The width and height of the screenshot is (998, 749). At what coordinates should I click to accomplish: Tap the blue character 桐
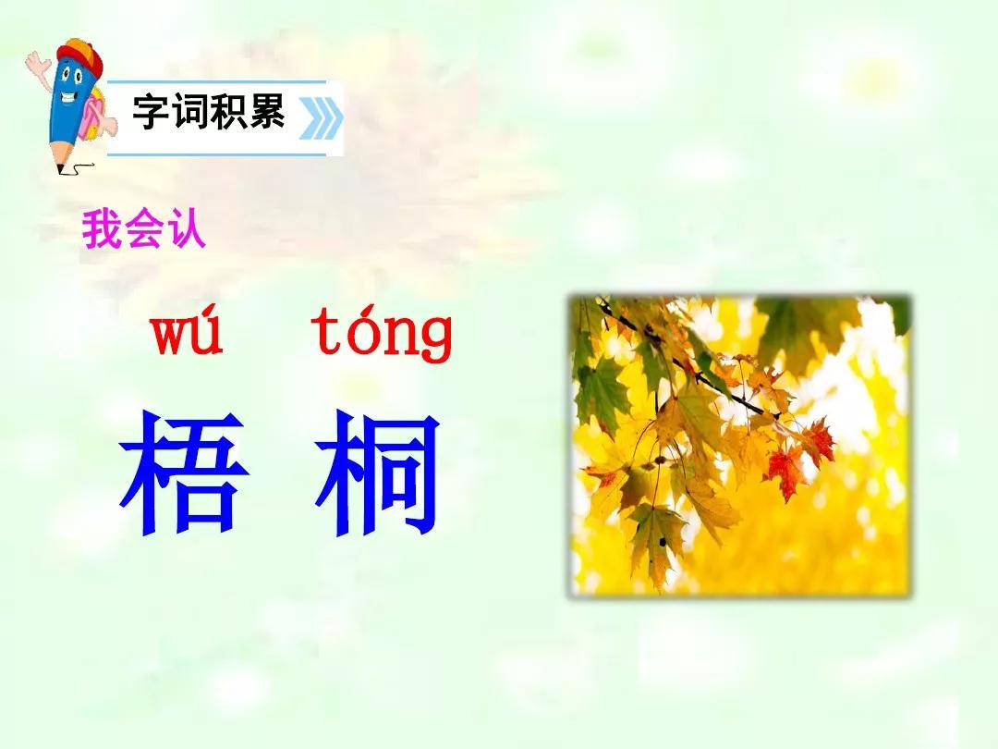click(377, 472)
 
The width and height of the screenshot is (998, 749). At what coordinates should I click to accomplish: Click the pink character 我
click(102, 229)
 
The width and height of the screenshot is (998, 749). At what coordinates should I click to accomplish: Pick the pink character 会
click(144, 228)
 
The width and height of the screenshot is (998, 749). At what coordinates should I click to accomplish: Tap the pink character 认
click(185, 228)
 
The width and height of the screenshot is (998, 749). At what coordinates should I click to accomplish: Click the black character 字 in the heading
click(152, 112)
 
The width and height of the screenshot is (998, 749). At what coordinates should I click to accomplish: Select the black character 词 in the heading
click(189, 112)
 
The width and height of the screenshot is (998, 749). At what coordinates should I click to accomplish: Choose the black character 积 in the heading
click(228, 112)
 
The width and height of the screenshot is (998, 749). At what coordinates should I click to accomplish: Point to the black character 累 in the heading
click(266, 112)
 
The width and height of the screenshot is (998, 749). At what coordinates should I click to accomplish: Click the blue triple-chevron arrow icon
click(322, 118)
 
